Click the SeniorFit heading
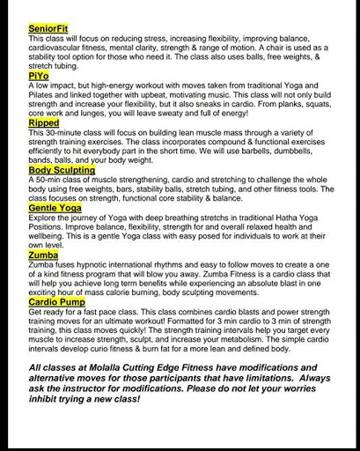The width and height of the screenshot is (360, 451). (x=48, y=29)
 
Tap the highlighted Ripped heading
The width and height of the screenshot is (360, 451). (x=44, y=123)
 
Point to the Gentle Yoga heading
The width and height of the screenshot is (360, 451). (x=55, y=208)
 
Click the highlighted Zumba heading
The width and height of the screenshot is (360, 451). (x=43, y=255)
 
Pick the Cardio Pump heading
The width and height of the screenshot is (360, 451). (x=57, y=301)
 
